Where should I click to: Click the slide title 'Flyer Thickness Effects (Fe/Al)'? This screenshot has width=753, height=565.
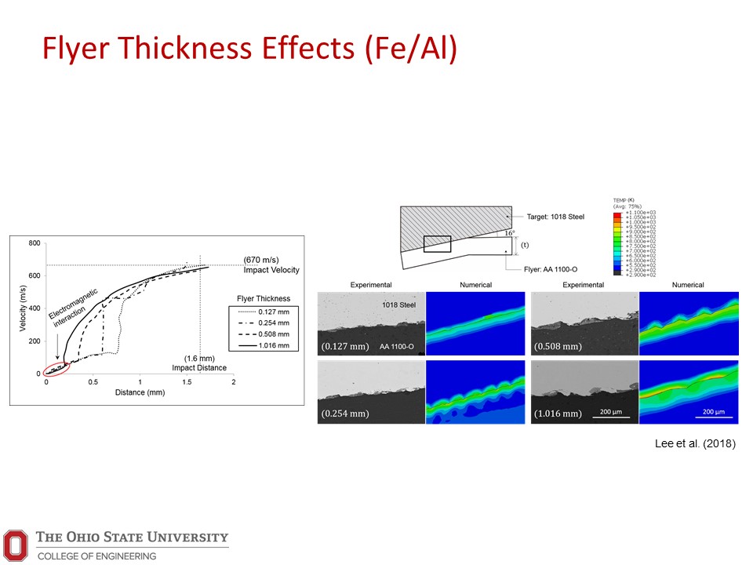[x=249, y=49]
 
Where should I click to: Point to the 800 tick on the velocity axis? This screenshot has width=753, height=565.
[x=35, y=243]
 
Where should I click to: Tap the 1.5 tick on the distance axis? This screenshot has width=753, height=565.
[x=187, y=381]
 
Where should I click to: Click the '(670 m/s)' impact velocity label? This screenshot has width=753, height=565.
[x=260, y=260]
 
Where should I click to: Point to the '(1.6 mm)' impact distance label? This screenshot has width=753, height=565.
[x=199, y=358]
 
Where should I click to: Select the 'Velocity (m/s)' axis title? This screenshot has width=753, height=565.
[x=23, y=308]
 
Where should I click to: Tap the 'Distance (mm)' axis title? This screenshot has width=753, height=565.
[x=139, y=392]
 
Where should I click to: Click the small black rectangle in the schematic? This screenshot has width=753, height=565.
[x=437, y=244]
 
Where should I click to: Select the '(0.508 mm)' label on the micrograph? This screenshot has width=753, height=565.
[x=557, y=346]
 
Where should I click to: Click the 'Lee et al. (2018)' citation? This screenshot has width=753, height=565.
[x=695, y=444]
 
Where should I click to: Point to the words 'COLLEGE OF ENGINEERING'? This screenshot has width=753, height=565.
[x=96, y=556]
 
